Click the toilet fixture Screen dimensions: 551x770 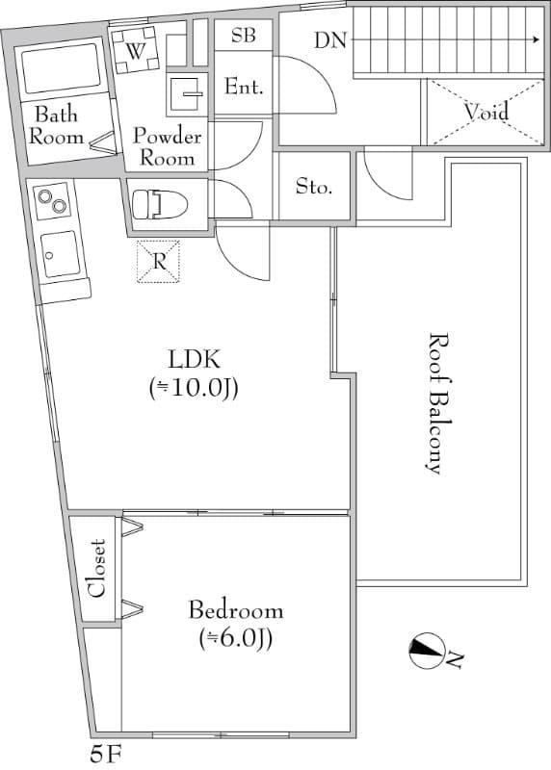click(x=160, y=204)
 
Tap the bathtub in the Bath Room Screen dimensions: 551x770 click(x=61, y=68)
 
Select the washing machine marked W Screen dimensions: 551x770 click(x=135, y=50)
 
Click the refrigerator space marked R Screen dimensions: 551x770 click(x=158, y=262)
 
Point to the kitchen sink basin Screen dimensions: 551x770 click(x=60, y=254)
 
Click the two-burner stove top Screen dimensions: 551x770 click(x=52, y=201)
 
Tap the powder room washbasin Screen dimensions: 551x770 click(x=185, y=94)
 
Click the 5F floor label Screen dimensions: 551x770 click(x=106, y=755)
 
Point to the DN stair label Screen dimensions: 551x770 click(x=330, y=40)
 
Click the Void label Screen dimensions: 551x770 click(x=486, y=113)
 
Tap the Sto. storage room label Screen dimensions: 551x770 click(x=314, y=186)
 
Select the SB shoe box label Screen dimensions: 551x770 click(x=244, y=36)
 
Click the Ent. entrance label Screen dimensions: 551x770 click(x=244, y=87)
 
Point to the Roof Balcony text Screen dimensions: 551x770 click(x=435, y=402)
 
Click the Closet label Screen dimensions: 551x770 click(x=96, y=569)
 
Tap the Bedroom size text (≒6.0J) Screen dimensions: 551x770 click(x=236, y=639)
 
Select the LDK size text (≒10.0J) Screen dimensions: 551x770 click(x=195, y=389)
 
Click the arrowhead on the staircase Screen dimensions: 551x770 click(x=538, y=40)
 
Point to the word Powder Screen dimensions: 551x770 click(x=167, y=136)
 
